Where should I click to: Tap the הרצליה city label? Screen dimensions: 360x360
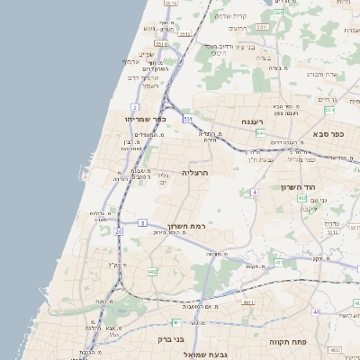click(x=194, y=172)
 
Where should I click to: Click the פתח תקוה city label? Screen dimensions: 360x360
click(x=288, y=342)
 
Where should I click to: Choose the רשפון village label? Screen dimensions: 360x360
click(x=150, y=86)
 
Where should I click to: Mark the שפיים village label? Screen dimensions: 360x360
click(x=146, y=54)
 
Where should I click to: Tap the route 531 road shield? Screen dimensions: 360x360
click(x=188, y=118)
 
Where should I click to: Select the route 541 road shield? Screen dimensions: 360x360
click(x=259, y=133)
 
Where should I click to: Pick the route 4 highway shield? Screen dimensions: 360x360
click(x=255, y=192)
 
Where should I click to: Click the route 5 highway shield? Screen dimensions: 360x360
click(x=142, y=222)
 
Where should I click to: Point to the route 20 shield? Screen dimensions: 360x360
click(x=118, y=231)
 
